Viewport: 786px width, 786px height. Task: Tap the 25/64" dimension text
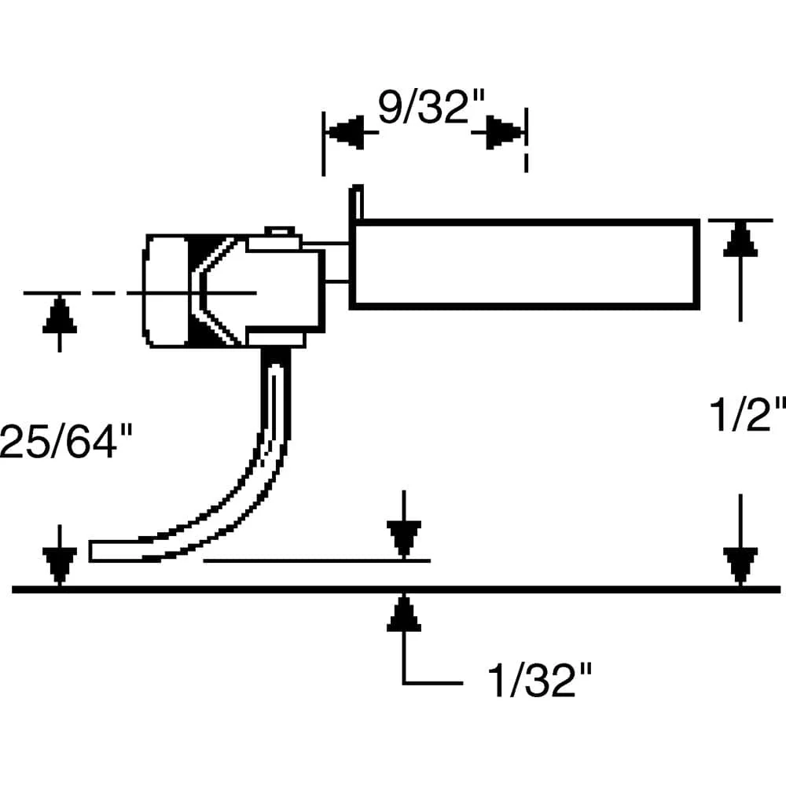click(65, 441)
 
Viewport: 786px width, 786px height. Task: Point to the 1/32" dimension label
click(539, 680)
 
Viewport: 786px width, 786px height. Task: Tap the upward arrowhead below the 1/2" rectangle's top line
click(740, 240)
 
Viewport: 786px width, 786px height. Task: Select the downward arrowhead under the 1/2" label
click(740, 566)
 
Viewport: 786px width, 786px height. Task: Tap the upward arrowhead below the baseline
click(404, 612)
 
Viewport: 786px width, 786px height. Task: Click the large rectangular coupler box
click(524, 263)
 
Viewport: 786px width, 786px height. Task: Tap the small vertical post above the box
click(356, 203)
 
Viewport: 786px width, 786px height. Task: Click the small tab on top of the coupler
click(280, 231)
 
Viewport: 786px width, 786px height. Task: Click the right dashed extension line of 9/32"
click(526, 141)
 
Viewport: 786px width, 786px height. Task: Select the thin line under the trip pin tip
click(317, 560)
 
